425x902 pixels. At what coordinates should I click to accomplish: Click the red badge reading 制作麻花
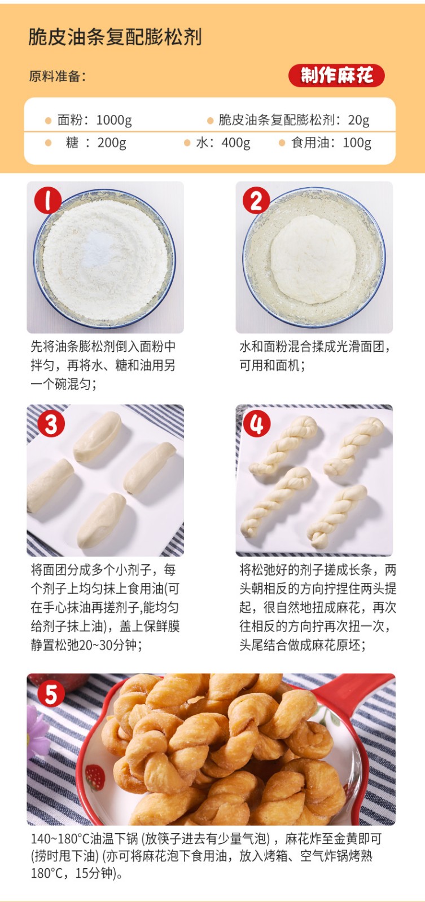click(336, 76)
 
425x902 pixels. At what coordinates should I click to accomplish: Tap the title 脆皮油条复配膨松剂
click(115, 37)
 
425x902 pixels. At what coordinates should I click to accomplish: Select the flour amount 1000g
click(114, 120)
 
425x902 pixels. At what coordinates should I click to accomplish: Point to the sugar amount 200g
click(112, 143)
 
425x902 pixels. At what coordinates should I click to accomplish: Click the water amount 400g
click(236, 143)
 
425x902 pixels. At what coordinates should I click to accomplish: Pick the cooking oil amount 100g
click(357, 143)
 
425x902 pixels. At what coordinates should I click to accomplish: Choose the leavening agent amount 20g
click(359, 120)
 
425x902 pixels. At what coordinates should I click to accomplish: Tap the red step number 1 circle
click(48, 200)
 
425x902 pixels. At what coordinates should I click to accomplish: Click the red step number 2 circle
click(256, 200)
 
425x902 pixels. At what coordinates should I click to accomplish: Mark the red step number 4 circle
click(257, 423)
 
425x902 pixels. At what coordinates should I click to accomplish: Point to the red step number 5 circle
click(51, 694)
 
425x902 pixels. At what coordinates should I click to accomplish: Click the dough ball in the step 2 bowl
click(313, 259)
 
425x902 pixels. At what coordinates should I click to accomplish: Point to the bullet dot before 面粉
click(49, 121)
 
